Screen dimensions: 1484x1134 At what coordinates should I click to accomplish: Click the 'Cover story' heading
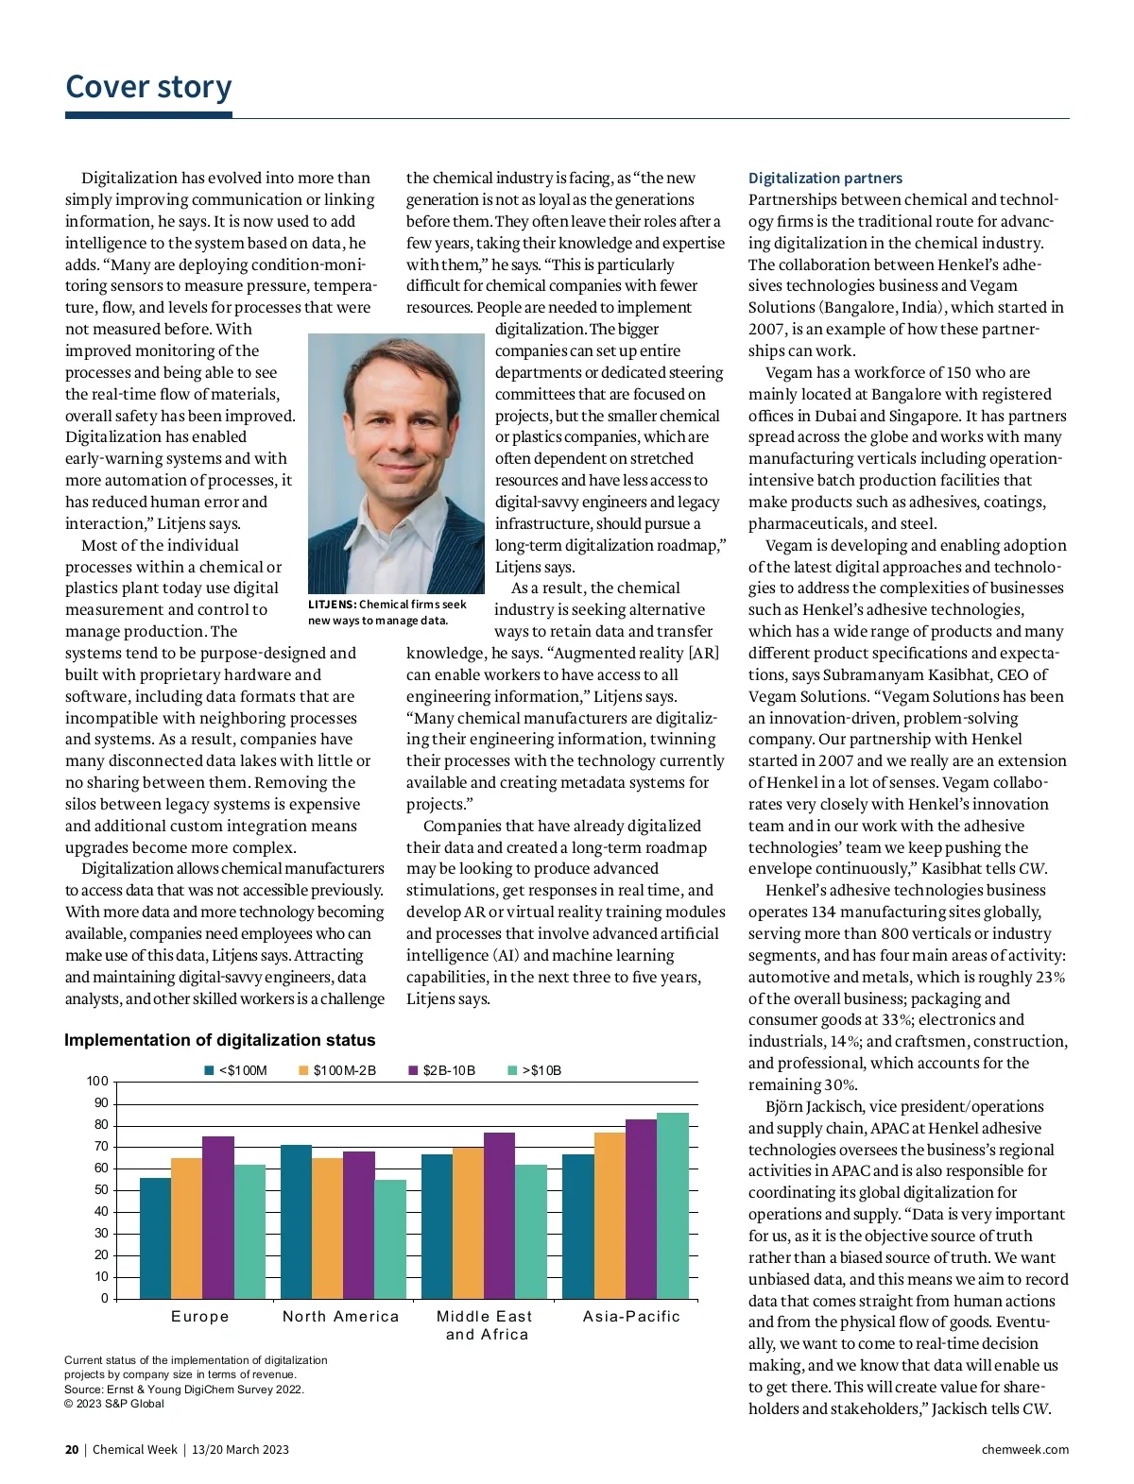tap(148, 87)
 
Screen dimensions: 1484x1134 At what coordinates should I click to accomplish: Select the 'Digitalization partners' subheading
tap(825, 178)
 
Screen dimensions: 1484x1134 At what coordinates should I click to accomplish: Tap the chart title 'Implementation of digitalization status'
tap(219, 1040)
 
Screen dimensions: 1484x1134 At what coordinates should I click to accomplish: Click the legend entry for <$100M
tap(236, 1070)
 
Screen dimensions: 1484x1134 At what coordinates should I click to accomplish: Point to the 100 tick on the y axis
tap(97, 1082)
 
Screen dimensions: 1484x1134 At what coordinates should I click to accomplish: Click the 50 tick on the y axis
tap(100, 1190)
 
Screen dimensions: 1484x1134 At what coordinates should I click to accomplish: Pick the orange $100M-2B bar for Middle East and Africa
tap(468, 1222)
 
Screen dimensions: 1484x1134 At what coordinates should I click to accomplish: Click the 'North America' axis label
tap(340, 1317)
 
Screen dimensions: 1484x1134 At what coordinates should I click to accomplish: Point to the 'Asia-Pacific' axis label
tap(631, 1317)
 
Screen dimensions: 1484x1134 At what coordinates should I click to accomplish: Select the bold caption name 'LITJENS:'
tap(332, 605)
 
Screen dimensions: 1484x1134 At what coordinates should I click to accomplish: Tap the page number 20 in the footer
tap(72, 1450)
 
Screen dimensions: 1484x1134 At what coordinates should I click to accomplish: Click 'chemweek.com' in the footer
tap(1025, 1450)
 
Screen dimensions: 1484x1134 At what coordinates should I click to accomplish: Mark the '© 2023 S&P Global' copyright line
tap(113, 1404)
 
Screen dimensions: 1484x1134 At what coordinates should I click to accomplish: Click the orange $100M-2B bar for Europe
tap(186, 1228)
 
